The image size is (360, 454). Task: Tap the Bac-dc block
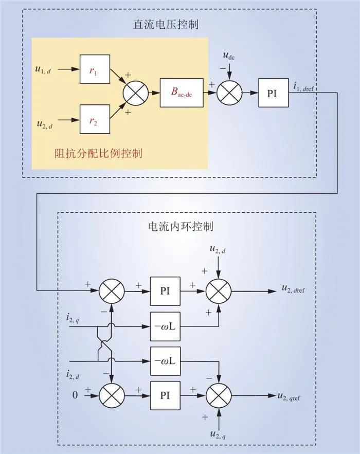(x=182, y=93)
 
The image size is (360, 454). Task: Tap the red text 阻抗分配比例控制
(x=98, y=153)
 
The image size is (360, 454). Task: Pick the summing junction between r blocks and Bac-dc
(x=135, y=93)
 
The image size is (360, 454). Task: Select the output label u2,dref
(x=298, y=290)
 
